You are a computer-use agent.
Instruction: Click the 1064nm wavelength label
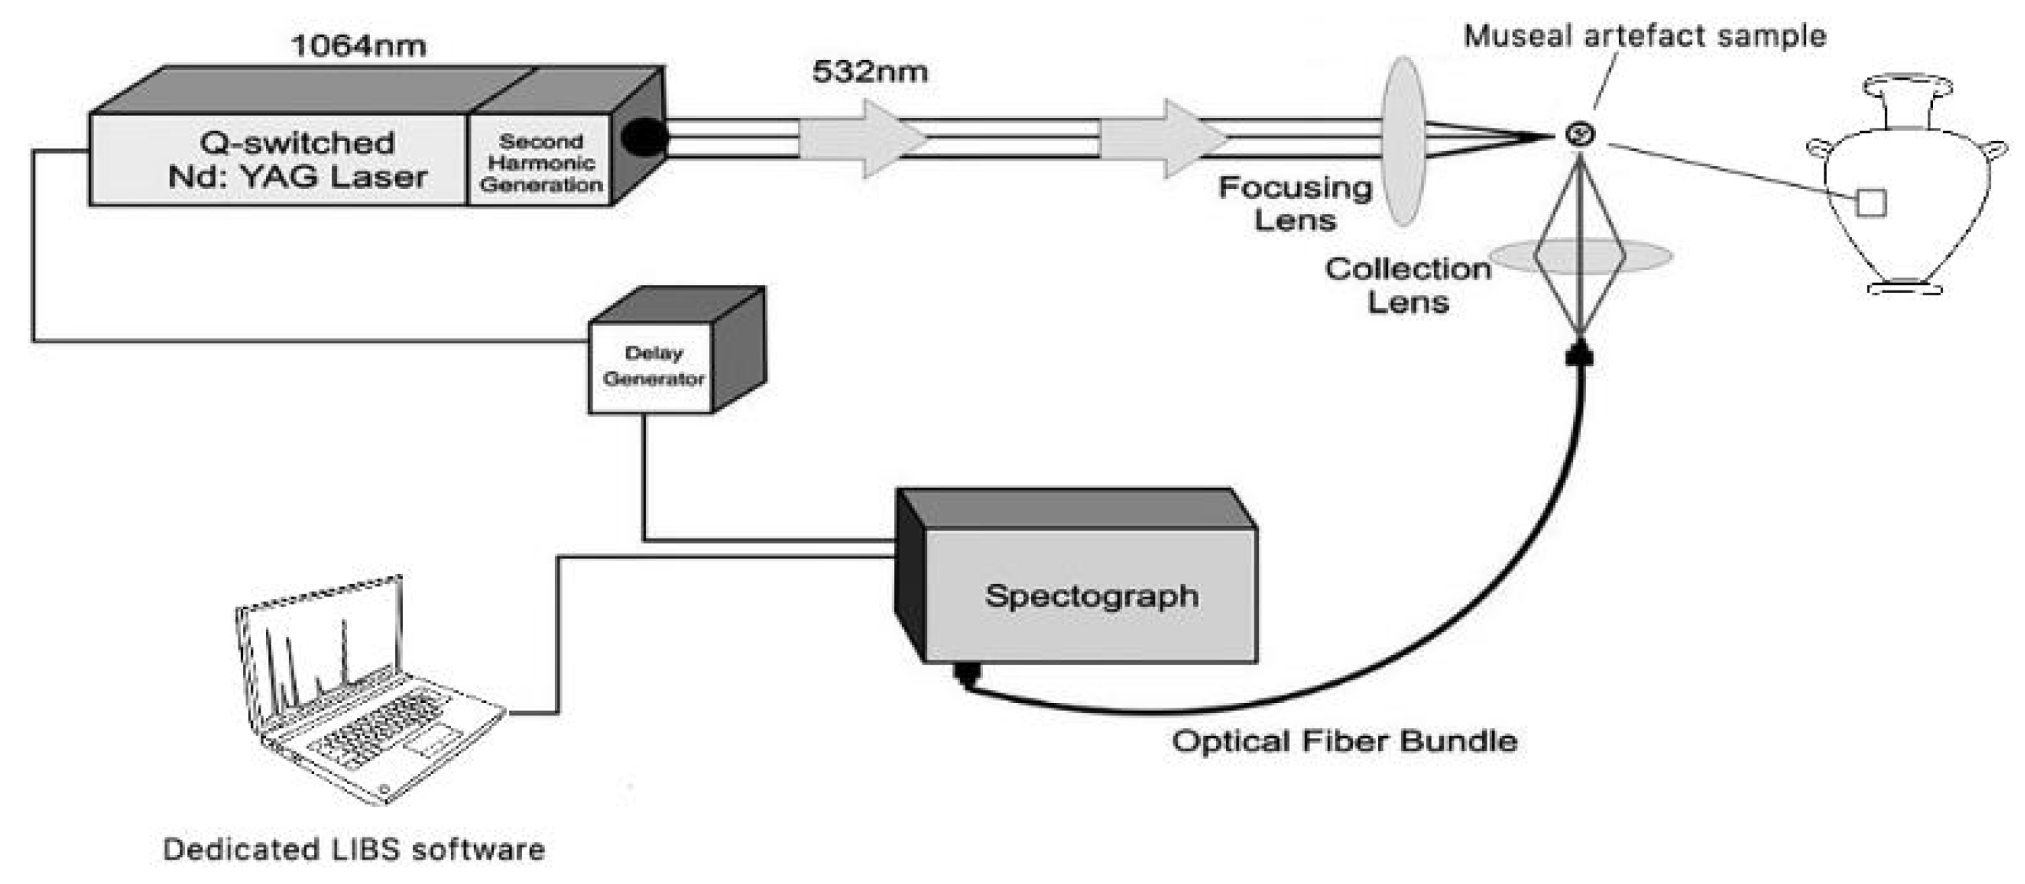click(358, 46)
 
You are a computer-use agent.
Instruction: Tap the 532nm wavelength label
click(869, 72)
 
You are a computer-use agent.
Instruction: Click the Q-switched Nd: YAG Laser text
click(297, 160)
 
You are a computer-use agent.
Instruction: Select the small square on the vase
click(1871, 202)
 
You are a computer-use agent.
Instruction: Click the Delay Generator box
click(652, 366)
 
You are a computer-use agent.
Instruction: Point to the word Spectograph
click(1091, 596)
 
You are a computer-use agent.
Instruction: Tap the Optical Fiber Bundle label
click(1343, 742)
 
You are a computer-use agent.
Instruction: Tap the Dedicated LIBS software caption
click(354, 850)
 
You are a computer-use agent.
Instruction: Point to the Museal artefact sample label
click(1644, 36)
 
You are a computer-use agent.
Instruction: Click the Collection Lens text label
click(1407, 286)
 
